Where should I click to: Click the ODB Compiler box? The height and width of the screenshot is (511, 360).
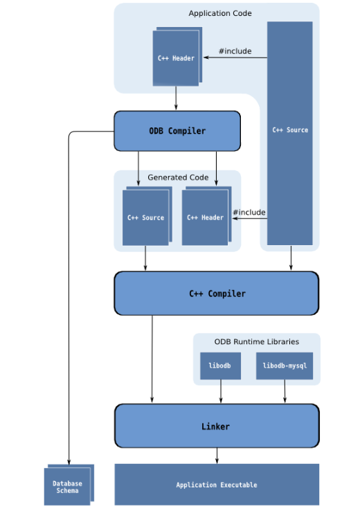click(x=177, y=131)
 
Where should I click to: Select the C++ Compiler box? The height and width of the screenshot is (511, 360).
click(x=217, y=294)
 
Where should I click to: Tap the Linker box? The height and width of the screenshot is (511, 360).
click(x=217, y=427)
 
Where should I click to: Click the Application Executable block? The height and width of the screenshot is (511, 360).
click(x=217, y=485)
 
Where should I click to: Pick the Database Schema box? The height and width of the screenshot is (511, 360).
click(x=66, y=487)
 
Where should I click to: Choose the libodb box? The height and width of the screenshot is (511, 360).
click(x=220, y=366)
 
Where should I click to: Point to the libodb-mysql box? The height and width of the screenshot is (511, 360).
click(x=285, y=366)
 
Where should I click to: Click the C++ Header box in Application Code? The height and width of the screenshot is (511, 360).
click(x=176, y=59)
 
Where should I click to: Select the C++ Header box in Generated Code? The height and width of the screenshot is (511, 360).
click(x=205, y=217)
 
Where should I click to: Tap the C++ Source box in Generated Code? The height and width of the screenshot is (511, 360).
click(x=145, y=217)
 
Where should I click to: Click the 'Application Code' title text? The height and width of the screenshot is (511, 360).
click(x=220, y=13)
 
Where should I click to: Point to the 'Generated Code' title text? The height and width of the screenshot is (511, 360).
click(x=178, y=178)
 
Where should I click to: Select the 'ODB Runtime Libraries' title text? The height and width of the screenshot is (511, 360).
click(x=257, y=341)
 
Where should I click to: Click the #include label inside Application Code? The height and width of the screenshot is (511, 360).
click(x=235, y=51)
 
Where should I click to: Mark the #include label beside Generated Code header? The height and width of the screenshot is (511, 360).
click(x=249, y=212)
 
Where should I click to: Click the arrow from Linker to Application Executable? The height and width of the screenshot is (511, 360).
click(x=217, y=456)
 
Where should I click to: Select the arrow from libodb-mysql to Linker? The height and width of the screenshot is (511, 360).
click(x=285, y=391)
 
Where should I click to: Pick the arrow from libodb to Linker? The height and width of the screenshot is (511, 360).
click(x=220, y=391)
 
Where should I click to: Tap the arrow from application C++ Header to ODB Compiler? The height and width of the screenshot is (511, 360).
click(x=176, y=98)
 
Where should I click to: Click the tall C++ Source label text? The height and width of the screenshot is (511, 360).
click(x=290, y=129)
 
